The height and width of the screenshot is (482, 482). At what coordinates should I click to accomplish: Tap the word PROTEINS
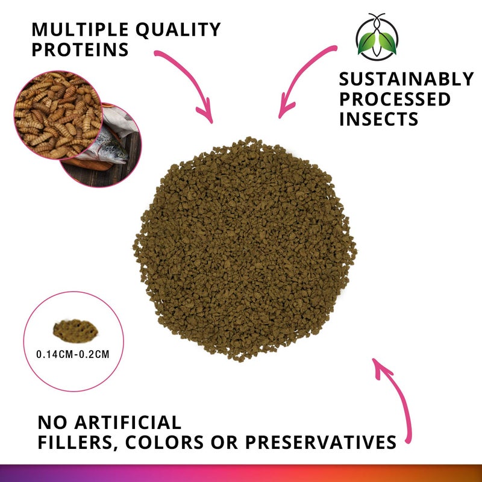(80, 50)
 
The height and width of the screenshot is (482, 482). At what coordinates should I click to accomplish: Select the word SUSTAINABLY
(406, 80)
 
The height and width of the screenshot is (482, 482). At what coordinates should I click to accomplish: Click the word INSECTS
(378, 119)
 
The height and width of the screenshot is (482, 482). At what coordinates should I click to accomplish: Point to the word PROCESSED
(395, 99)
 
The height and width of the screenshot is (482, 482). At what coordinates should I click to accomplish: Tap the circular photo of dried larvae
(58, 114)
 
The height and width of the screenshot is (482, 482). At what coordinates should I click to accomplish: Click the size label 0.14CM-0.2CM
(73, 354)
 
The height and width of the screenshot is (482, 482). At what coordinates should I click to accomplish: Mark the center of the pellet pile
(245, 248)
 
